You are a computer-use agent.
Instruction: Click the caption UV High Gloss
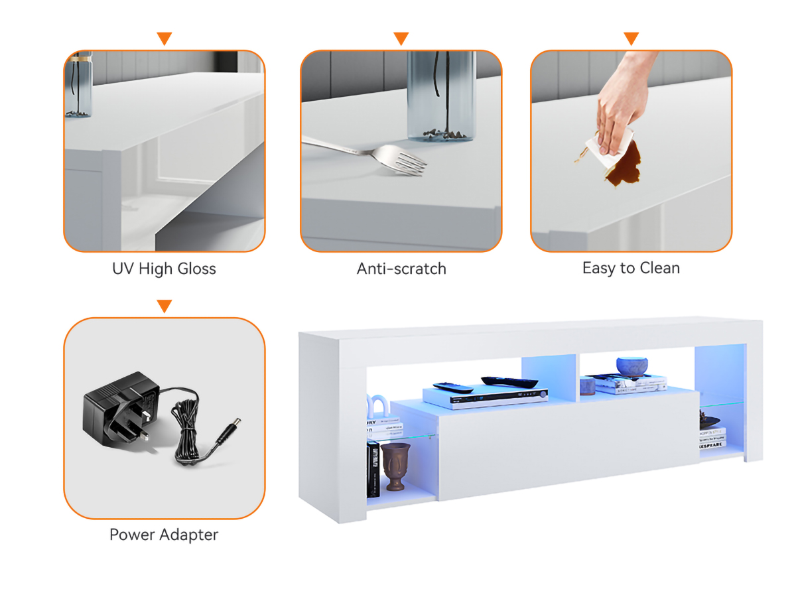[x=164, y=269]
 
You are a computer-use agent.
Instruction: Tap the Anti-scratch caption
[x=401, y=269]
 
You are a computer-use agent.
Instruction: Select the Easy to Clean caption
[x=631, y=268]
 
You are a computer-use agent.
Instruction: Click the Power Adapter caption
[x=164, y=535]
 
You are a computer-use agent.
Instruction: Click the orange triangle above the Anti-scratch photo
[x=401, y=38]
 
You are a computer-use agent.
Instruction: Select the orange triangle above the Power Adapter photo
[x=165, y=306]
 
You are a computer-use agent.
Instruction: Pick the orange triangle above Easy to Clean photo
[x=631, y=38]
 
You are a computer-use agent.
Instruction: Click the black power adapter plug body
[x=119, y=409]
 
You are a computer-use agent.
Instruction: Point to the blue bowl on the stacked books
[x=631, y=366]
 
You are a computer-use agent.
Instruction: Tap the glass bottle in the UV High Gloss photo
[x=79, y=84]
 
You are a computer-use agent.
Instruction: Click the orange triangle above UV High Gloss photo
[x=165, y=38]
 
